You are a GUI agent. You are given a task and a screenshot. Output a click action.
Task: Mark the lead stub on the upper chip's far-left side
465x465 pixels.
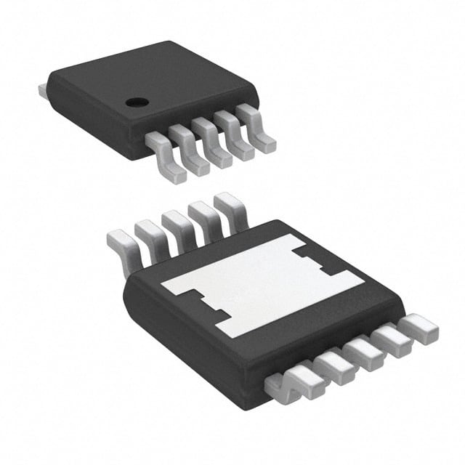point(43,91)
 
